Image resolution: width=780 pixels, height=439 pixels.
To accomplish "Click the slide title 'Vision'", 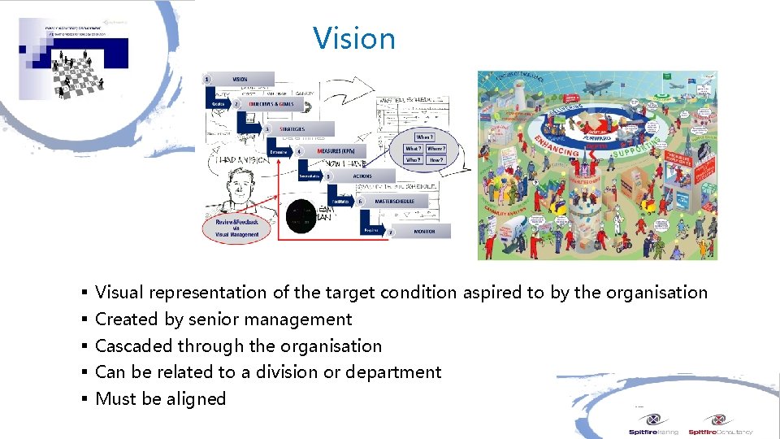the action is (x=354, y=38).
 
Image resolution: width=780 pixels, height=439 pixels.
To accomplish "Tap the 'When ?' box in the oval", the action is (x=424, y=137).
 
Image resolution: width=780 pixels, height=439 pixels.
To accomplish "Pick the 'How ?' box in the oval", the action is (x=435, y=160).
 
